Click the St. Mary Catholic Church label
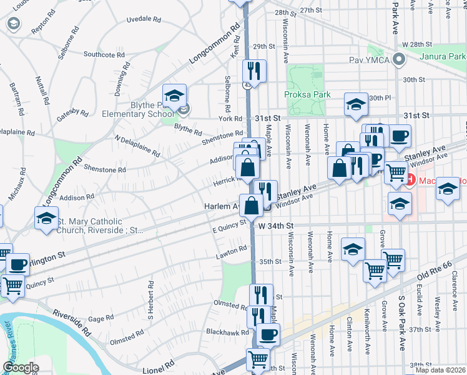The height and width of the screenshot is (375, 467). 100,225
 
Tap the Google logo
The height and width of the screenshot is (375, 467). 21,367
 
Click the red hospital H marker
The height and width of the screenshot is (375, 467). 411,181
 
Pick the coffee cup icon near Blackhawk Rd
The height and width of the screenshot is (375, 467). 268,334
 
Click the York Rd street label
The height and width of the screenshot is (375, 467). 230,118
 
